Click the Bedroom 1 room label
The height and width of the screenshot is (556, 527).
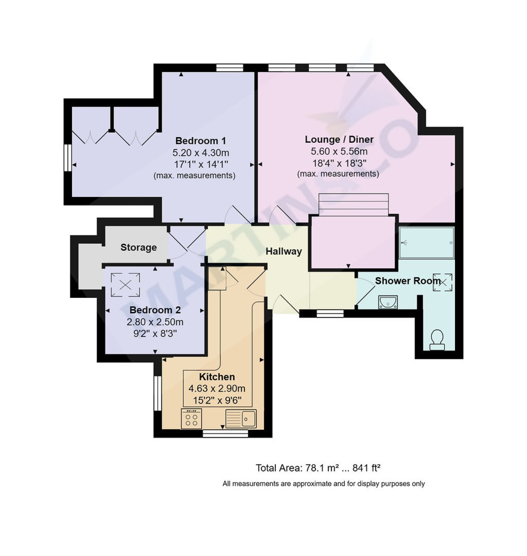200,141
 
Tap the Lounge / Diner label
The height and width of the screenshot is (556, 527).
339,139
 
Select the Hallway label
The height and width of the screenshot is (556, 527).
283,252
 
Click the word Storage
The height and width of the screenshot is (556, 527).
138,247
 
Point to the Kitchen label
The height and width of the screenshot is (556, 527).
217,377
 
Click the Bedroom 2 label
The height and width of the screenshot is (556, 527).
155,310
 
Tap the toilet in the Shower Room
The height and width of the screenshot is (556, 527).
437,340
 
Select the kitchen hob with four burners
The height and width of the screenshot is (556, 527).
191,419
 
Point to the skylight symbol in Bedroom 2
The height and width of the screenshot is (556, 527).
125,284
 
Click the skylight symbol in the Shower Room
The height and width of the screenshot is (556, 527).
443,282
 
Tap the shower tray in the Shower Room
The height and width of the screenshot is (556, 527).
426,242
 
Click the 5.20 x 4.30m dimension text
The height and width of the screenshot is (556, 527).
201,152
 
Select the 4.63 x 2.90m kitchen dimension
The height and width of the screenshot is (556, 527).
217,389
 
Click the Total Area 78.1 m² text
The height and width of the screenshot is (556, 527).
318,468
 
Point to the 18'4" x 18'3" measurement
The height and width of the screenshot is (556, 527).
339,163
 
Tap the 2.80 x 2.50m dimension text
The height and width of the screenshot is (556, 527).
155,322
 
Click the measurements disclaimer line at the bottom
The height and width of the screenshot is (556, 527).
323,484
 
